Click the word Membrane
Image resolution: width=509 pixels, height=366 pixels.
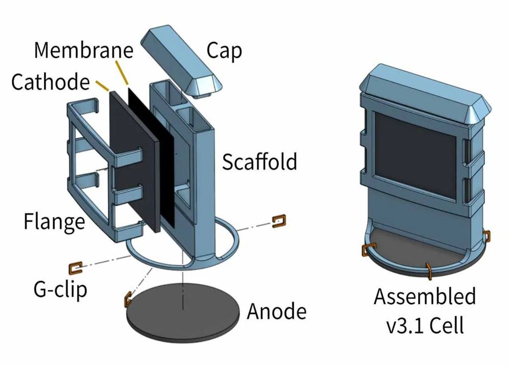pyautogui.click(x=84, y=50)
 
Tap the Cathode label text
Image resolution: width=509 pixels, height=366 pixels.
pyautogui.click(x=50, y=82)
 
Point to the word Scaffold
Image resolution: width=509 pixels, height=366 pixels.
pyautogui.click(x=259, y=162)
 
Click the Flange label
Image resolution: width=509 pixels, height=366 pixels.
pyautogui.click(x=54, y=221)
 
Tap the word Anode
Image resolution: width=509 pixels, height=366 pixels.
pyautogui.click(x=276, y=312)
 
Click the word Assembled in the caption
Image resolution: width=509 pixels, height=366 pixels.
pyautogui.click(x=424, y=296)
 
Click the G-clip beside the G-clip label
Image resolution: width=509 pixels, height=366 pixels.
pyautogui.click(x=77, y=268)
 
